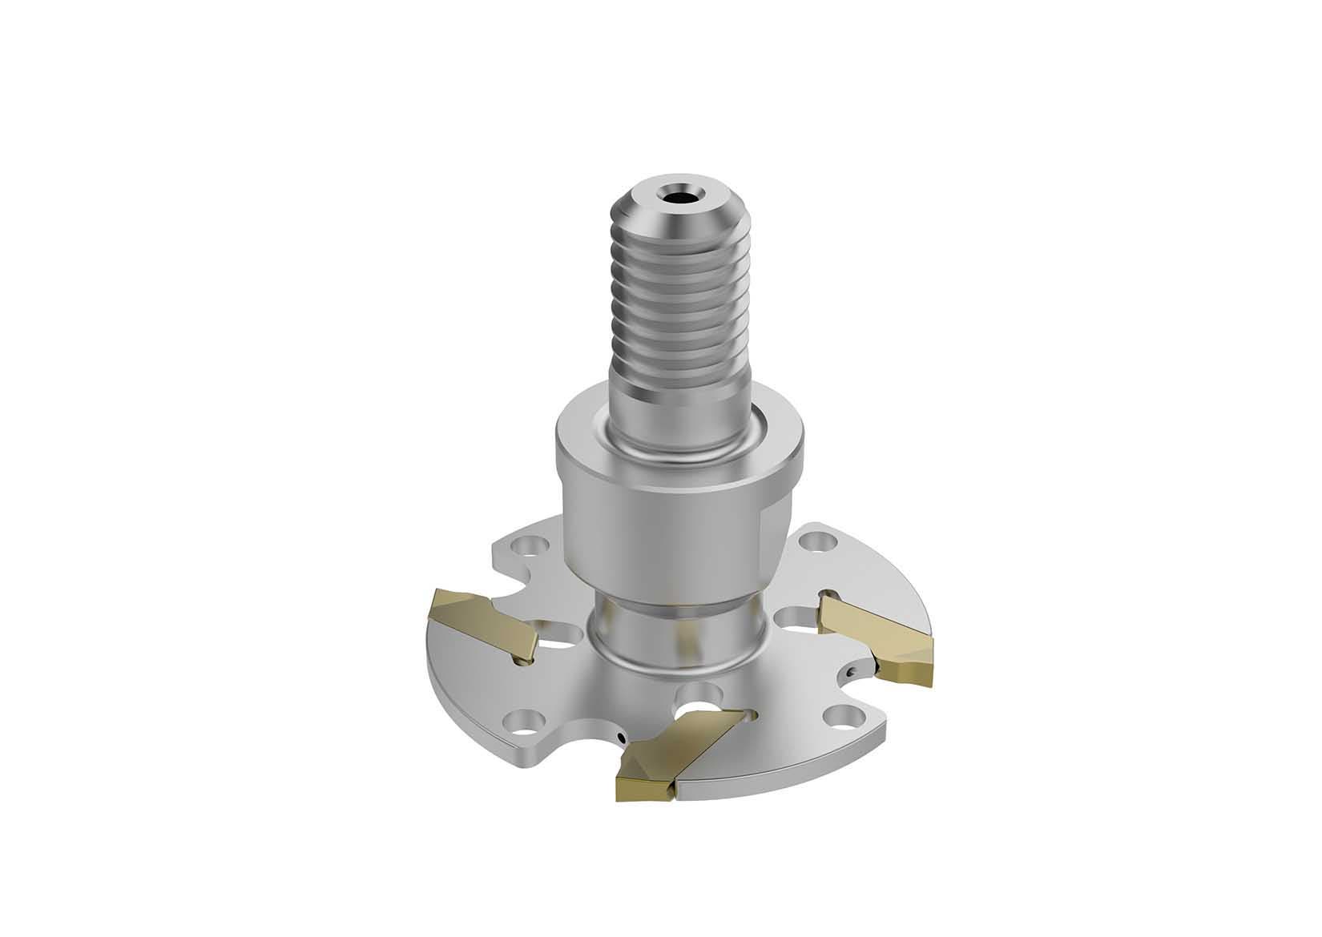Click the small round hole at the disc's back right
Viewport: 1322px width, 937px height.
(x=817, y=539)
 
